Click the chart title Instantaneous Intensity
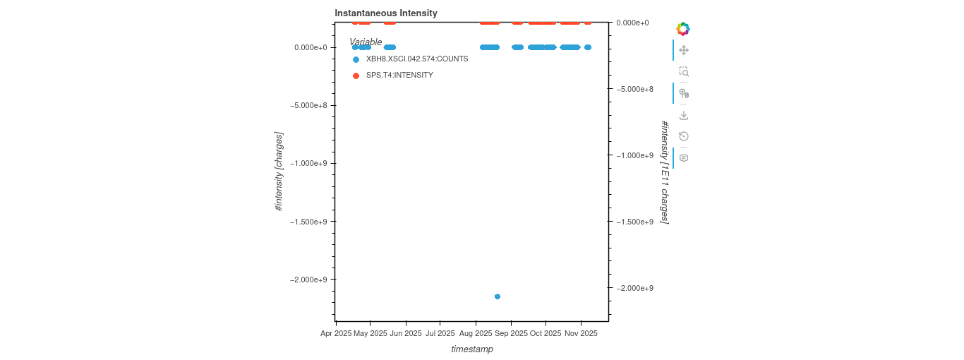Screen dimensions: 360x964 click(x=385, y=13)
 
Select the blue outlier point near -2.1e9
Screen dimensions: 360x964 click(x=498, y=296)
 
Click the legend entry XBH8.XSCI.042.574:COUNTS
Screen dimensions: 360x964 click(x=416, y=59)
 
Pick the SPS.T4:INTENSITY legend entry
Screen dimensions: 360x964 click(x=399, y=75)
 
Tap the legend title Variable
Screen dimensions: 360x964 click(x=366, y=42)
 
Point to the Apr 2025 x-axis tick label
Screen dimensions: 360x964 click(x=336, y=333)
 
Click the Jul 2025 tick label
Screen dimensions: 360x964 click(x=440, y=333)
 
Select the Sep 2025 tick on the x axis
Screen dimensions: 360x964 click(x=510, y=333)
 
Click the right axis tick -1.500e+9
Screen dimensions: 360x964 click(x=634, y=222)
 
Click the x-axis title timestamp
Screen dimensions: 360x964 click(x=472, y=349)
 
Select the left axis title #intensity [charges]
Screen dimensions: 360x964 click(x=279, y=172)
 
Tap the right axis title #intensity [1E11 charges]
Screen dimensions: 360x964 click(x=664, y=172)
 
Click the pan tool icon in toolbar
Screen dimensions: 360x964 click(x=683, y=50)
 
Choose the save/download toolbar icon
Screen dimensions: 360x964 click(x=683, y=115)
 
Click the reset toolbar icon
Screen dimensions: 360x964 click(x=683, y=136)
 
